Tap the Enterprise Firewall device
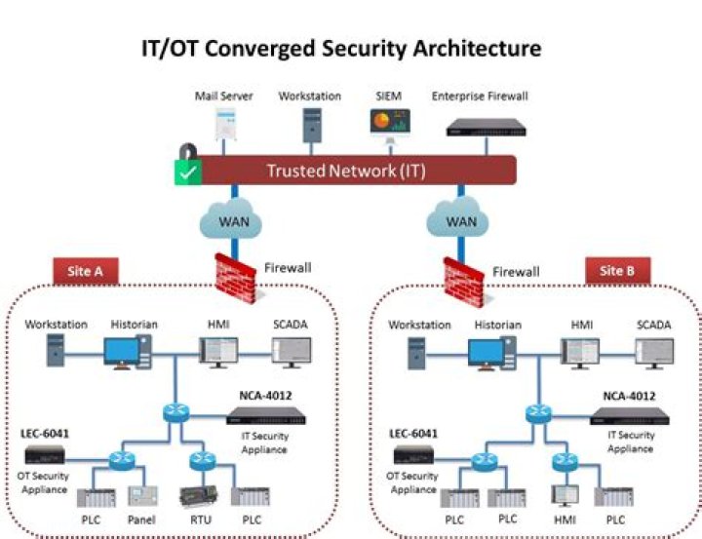click(x=482, y=127)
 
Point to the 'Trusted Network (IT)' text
click(x=346, y=171)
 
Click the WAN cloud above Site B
click(x=460, y=220)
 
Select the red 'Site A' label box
click(x=85, y=271)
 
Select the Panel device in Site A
click(x=142, y=496)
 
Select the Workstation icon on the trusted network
click(x=310, y=125)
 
